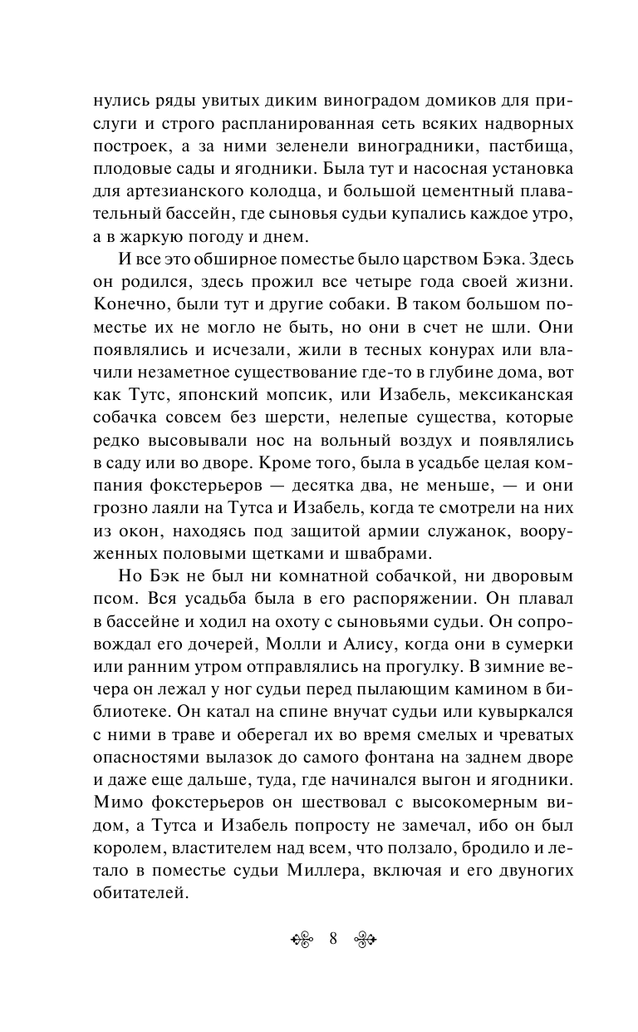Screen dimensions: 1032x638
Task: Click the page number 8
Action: [332, 940]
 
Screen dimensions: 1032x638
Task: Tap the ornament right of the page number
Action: [365, 940]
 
